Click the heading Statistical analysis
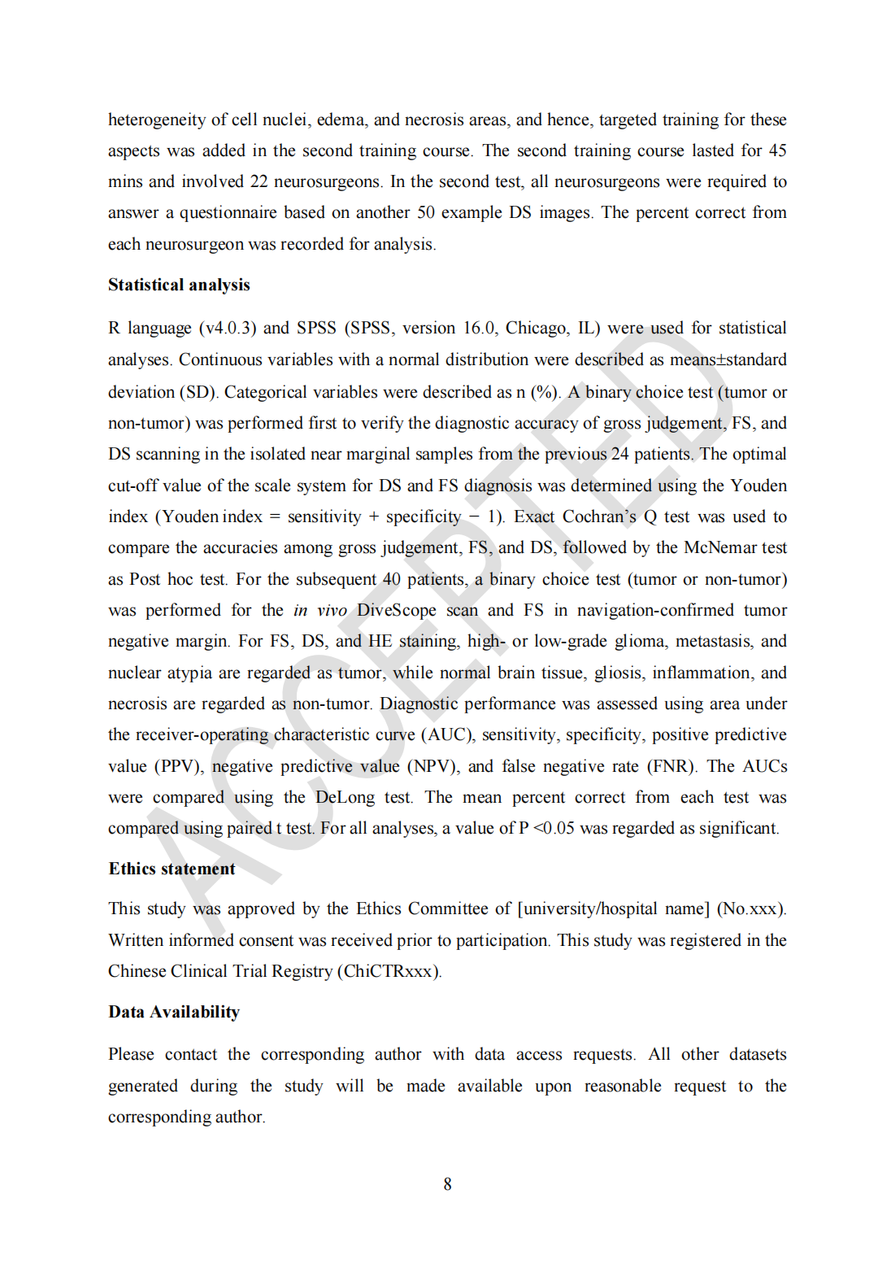pos(179,285)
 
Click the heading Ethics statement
pos(172,869)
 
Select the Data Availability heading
pos(174,1013)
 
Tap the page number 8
pos(447,1185)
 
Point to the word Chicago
pos(536,329)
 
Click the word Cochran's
pos(599,517)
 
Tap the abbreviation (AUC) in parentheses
pos(448,735)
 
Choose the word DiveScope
pos(396,611)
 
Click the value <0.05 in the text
pos(554,829)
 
